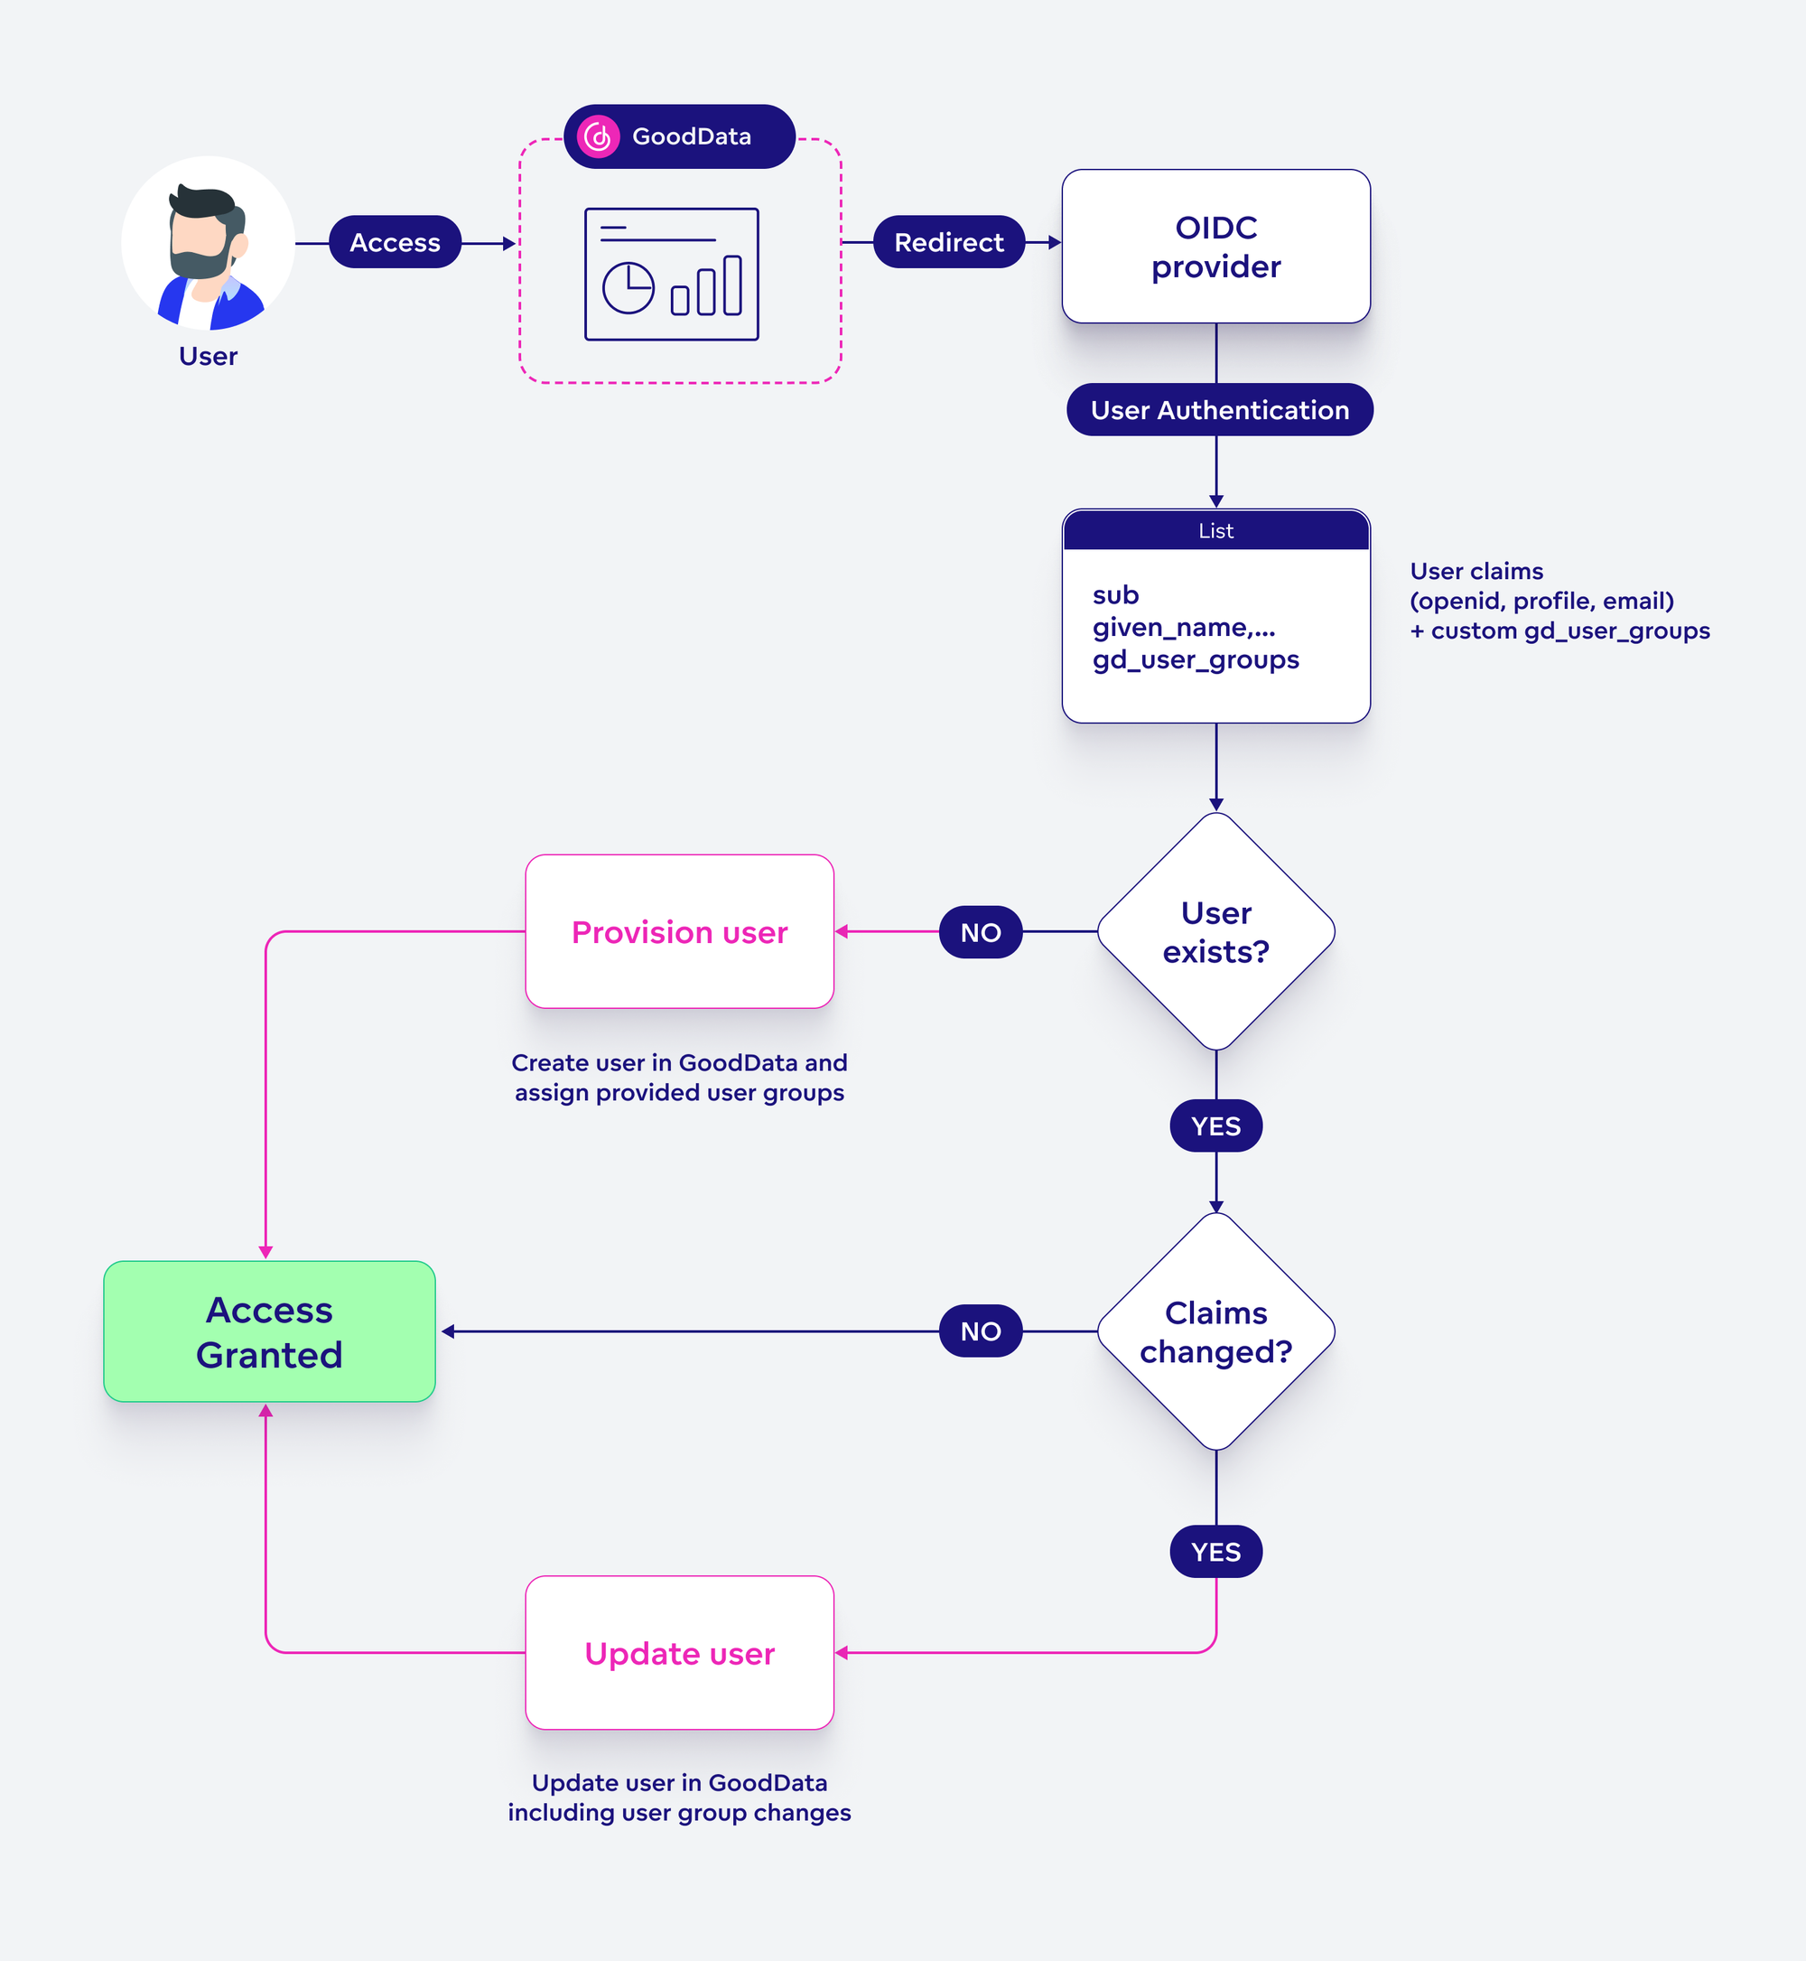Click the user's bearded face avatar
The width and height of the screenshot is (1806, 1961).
(x=207, y=245)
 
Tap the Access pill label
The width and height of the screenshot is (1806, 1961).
(x=395, y=242)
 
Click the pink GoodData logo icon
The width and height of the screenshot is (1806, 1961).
(x=598, y=137)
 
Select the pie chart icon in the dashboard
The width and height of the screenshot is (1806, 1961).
(x=628, y=287)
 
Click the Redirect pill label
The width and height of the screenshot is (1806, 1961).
(x=948, y=242)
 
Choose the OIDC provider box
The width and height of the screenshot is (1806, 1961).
(x=1215, y=247)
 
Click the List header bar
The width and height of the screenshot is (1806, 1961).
(x=1215, y=531)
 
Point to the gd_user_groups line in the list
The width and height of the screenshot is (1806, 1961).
(x=1196, y=660)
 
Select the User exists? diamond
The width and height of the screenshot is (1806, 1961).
(x=1215, y=931)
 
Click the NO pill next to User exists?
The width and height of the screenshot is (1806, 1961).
(x=980, y=931)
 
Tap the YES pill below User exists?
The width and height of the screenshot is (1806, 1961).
(x=1215, y=1126)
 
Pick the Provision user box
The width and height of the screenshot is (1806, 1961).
(x=679, y=931)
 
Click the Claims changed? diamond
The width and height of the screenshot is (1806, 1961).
(x=1215, y=1331)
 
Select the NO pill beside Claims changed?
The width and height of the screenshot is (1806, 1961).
(x=980, y=1331)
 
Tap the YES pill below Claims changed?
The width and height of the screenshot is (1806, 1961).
(x=1215, y=1552)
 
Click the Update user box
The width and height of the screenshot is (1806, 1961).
(x=679, y=1653)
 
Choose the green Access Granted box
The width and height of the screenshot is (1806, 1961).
(x=269, y=1331)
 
